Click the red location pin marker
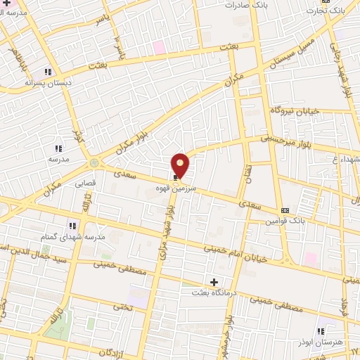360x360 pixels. (x=180, y=165)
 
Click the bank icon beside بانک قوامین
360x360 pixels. (x=285, y=210)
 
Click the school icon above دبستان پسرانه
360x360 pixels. (x=48, y=72)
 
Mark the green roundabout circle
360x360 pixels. (x=94, y=162)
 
